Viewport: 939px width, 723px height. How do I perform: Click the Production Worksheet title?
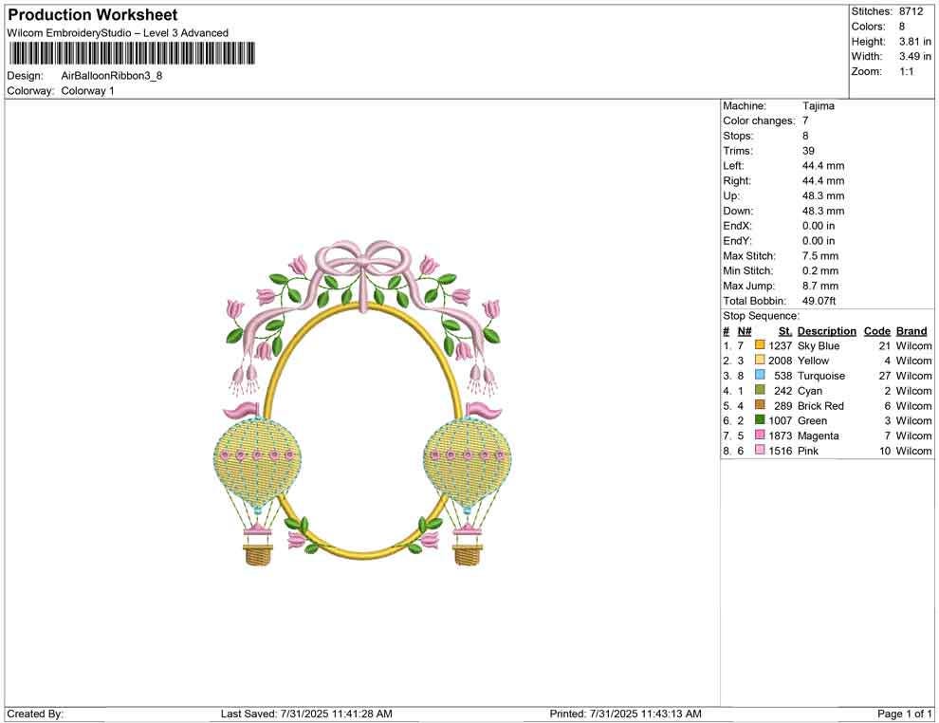(92, 15)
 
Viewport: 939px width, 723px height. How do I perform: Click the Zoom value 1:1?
(906, 72)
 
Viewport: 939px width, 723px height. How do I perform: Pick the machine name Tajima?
(818, 106)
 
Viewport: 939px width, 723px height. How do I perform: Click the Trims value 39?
(809, 151)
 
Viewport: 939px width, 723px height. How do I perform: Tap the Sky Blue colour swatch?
(760, 346)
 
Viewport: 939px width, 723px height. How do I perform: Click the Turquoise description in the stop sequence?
(821, 376)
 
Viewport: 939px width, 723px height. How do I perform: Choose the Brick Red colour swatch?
(760, 406)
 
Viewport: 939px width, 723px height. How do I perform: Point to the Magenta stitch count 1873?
(780, 436)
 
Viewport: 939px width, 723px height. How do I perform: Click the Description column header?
(826, 331)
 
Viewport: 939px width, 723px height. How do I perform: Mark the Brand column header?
(911, 331)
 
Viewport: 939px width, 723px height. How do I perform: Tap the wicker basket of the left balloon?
(258, 554)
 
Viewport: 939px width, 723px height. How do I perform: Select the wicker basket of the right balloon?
(467, 554)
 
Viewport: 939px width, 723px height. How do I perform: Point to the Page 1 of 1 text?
(905, 714)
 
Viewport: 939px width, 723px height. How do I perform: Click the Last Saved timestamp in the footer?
(305, 714)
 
